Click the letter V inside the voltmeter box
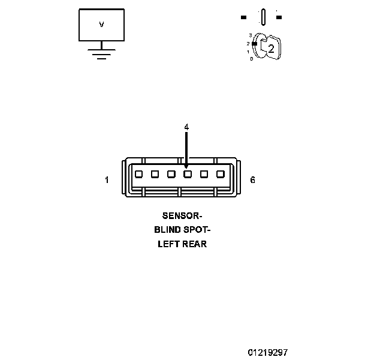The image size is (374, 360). (101, 25)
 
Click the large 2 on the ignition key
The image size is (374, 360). (271, 49)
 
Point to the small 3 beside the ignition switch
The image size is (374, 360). (250, 36)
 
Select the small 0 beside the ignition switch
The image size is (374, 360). (251, 59)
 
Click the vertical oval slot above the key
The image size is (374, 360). (263, 17)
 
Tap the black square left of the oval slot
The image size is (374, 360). (243, 17)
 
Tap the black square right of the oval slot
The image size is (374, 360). (279, 17)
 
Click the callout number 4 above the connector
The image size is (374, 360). (186, 127)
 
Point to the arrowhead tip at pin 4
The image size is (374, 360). (187, 167)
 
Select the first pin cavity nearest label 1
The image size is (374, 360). (138, 174)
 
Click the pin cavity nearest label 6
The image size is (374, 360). (220, 174)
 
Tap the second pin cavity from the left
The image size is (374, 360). (155, 174)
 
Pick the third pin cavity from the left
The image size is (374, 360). (171, 174)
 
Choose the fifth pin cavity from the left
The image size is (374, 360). (204, 174)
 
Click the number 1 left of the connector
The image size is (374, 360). (107, 179)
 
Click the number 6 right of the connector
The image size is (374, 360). (252, 179)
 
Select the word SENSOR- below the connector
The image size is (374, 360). (182, 215)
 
